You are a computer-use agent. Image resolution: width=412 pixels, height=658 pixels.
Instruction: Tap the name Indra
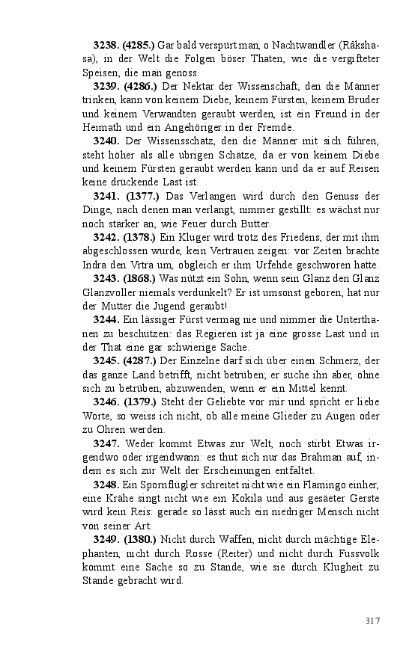click(97, 265)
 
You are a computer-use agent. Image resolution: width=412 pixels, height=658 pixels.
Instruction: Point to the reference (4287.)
click(141, 361)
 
